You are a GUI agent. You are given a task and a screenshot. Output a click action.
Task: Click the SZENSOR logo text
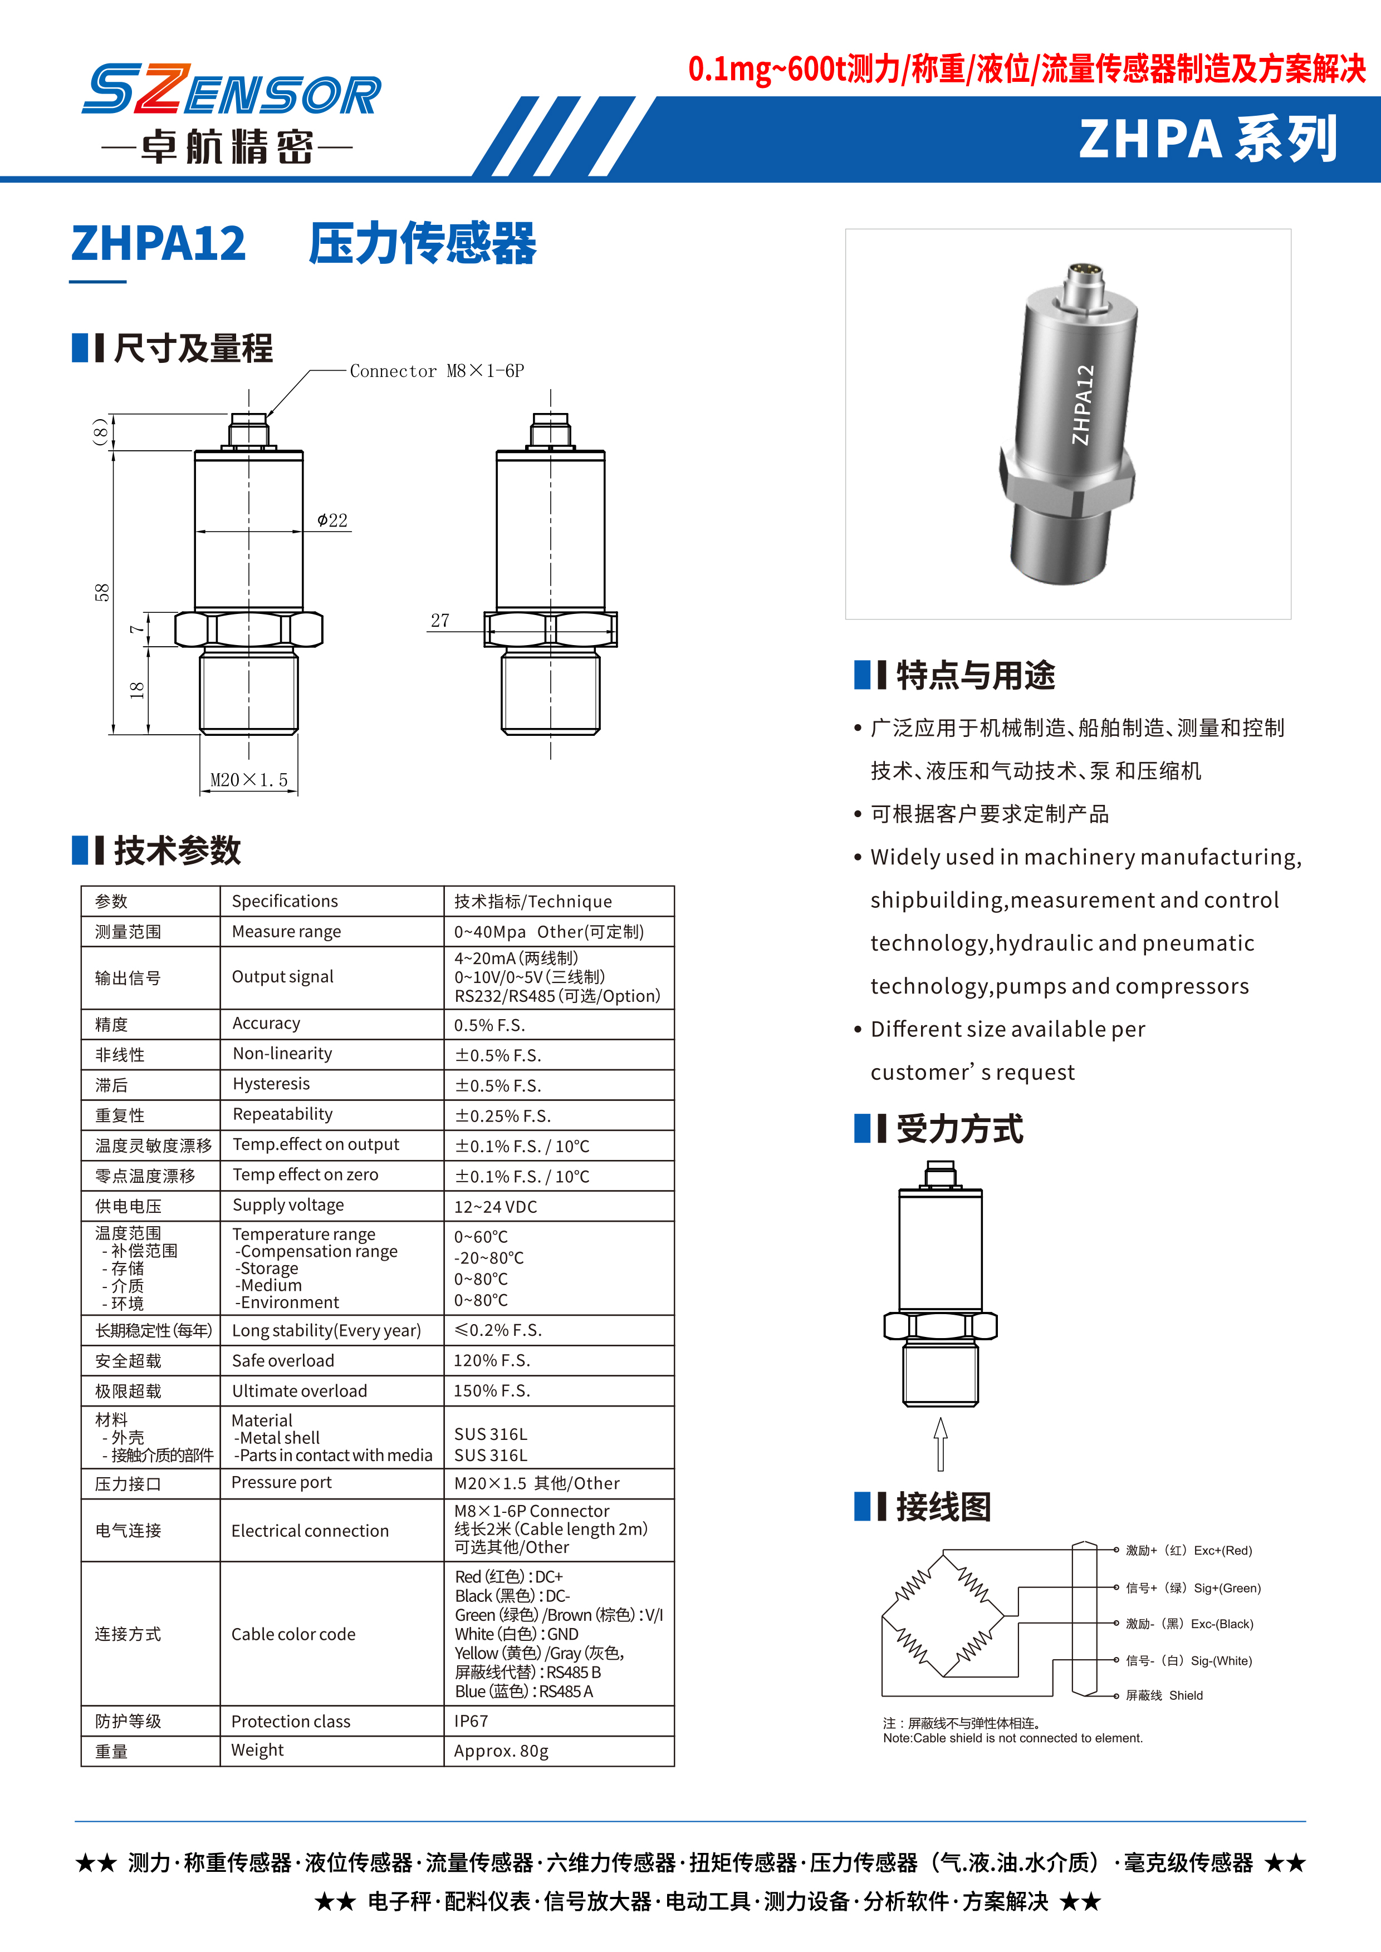click(x=231, y=90)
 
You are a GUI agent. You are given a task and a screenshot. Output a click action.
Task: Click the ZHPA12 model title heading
click(x=159, y=243)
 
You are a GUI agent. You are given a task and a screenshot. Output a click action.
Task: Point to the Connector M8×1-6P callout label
click(x=436, y=371)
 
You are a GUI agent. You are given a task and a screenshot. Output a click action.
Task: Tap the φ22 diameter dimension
click(x=332, y=520)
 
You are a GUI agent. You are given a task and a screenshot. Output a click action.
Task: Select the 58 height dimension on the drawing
click(x=102, y=593)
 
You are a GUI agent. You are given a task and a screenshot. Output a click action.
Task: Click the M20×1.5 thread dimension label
click(x=249, y=780)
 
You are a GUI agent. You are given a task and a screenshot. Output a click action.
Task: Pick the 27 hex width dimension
click(x=440, y=621)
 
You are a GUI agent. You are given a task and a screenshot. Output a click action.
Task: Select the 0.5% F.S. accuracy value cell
click(x=490, y=1025)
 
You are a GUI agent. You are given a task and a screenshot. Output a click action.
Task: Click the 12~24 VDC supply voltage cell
click(x=496, y=1206)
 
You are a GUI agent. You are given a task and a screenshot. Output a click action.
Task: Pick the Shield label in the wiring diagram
click(x=1186, y=1695)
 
